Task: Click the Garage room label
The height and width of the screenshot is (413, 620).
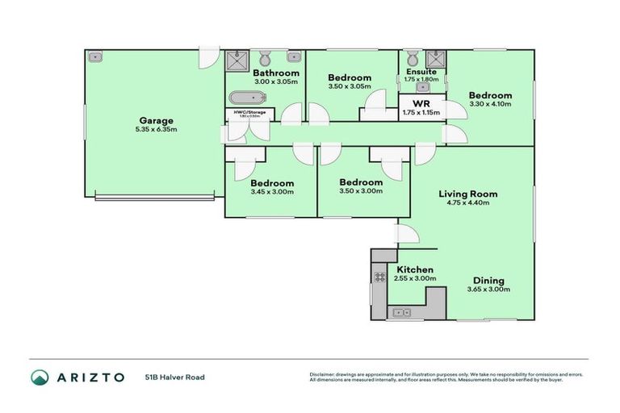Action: [x=156, y=121]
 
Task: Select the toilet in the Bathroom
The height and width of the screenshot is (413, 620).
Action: [x=264, y=57]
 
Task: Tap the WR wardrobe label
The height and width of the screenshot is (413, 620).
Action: [x=421, y=103]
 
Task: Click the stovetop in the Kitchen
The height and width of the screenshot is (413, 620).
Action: [x=379, y=277]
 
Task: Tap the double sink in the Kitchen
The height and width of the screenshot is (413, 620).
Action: [x=400, y=312]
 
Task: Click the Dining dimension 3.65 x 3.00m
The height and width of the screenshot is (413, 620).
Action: [x=489, y=290]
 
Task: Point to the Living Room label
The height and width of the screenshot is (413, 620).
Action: [x=467, y=194]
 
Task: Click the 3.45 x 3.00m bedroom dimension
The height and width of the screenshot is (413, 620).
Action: [x=271, y=191]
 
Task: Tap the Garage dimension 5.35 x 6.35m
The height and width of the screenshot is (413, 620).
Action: [x=156, y=130]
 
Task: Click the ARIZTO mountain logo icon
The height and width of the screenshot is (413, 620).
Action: [x=40, y=377]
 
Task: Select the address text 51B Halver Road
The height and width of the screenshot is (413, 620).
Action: [x=174, y=377]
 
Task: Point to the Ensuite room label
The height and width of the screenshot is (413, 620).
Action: [x=421, y=72]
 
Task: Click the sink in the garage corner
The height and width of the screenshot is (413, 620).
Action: [x=95, y=57]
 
